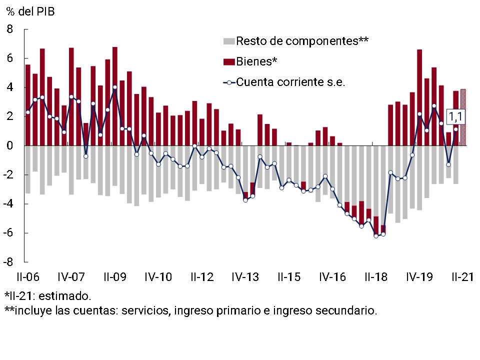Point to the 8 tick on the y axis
tap(10, 29)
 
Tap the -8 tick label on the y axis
tap(8, 262)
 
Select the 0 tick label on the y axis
tap(10, 146)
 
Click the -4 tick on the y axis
tap(8, 204)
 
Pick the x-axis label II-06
tap(28, 276)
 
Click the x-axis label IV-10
tap(158, 276)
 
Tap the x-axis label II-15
tap(289, 276)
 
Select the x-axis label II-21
tap(462, 276)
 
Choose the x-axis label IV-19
tap(419, 276)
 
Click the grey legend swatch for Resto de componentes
tap(229, 41)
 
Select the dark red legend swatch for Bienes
tap(229, 61)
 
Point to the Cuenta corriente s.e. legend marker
tap(229, 82)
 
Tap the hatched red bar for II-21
tap(463, 117)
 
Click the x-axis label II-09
tap(115, 276)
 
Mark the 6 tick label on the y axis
tap(10, 58)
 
